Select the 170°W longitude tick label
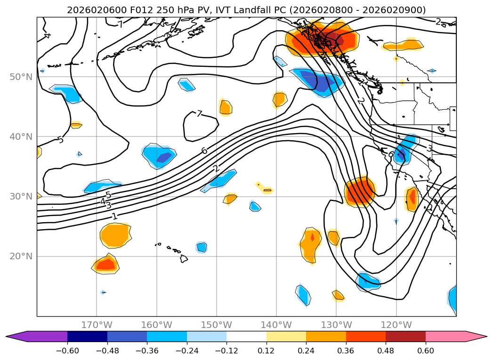[97, 325]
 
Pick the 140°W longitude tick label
[276, 325]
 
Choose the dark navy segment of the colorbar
[88, 336]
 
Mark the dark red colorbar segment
[405, 336]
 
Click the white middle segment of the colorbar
[246, 336]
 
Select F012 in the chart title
[125, 10]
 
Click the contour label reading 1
[114, 216]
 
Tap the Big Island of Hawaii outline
[183, 259]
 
